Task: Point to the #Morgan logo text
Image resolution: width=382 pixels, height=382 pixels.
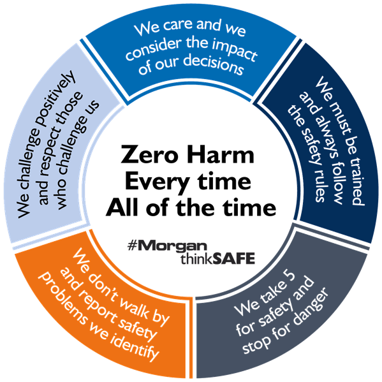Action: [167, 246]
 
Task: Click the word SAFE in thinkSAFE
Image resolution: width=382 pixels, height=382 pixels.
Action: [233, 258]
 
